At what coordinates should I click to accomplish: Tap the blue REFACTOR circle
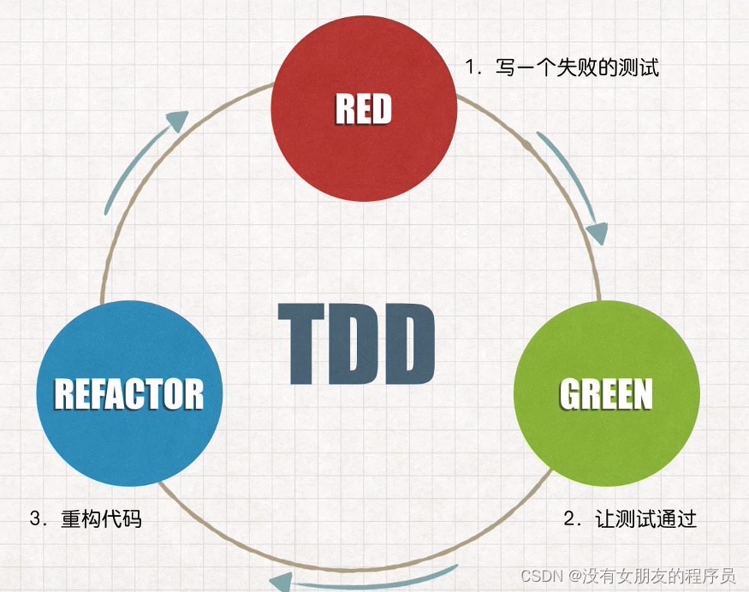(129, 436)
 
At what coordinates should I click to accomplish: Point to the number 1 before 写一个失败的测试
(469, 68)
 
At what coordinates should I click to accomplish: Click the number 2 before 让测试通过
(568, 518)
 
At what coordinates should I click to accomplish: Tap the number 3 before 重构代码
(34, 518)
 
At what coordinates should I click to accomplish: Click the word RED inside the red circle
(363, 110)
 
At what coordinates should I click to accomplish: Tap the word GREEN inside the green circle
(606, 394)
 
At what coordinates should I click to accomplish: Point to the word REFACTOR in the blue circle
(129, 394)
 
